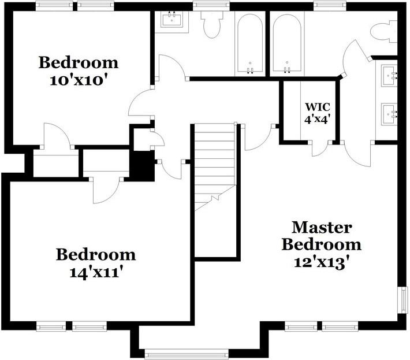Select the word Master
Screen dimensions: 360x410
(321, 227)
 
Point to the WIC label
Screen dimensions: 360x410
(317, 107)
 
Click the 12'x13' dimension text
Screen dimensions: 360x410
(322, 261)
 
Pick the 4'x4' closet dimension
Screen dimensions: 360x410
(317, 120)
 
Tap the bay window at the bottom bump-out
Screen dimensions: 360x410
(171, 354)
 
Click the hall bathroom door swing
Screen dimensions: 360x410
(172, 68)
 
